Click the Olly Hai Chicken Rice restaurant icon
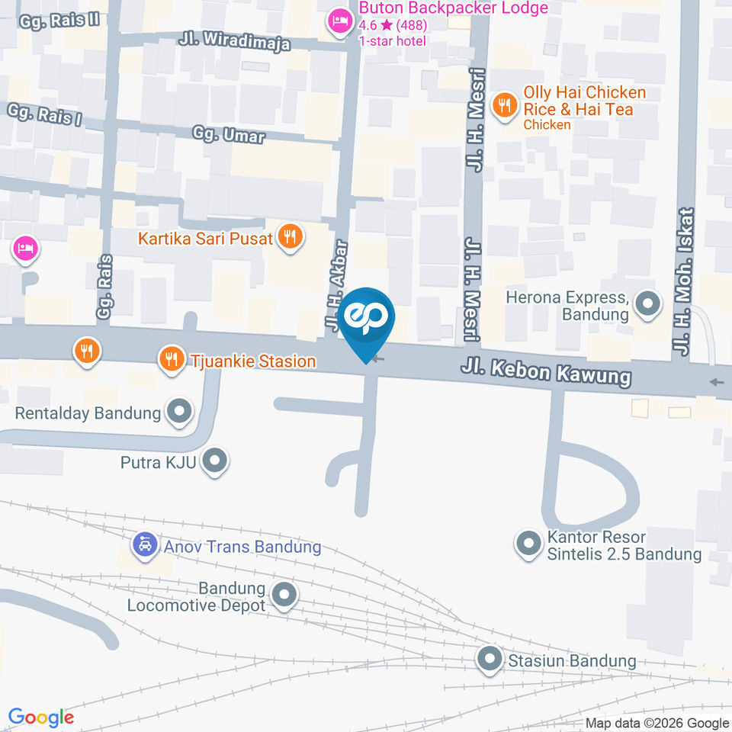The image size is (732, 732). click(x=503, y=106)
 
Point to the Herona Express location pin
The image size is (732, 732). click(x=648, y=305)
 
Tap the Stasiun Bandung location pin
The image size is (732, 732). click(x=490, y=660)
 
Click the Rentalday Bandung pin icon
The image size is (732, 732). click(x=179, y=413)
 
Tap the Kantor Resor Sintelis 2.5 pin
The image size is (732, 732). click(x=528, y=544)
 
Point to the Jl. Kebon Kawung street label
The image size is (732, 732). click(x=546, y=373)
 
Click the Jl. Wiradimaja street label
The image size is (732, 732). click(x=236, y=40)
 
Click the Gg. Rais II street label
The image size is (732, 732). click(x=61, y=18)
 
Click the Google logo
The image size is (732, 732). click(x=41, y=718)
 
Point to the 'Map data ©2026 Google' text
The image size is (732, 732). click(x=657, y=723)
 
